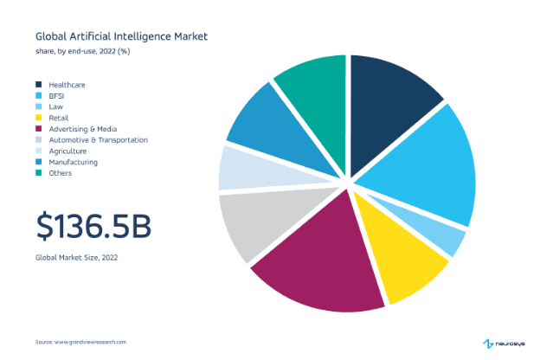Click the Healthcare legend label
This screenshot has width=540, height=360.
[x=67, y=84]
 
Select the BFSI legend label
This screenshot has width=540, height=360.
[x=57, y=95]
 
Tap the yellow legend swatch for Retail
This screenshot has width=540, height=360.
[x=38, y=118]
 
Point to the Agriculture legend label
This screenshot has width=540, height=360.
[x=67, y=151]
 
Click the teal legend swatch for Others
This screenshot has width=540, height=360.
[x=38, y=173]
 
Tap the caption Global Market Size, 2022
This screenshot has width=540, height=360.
[x=76, y=258]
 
